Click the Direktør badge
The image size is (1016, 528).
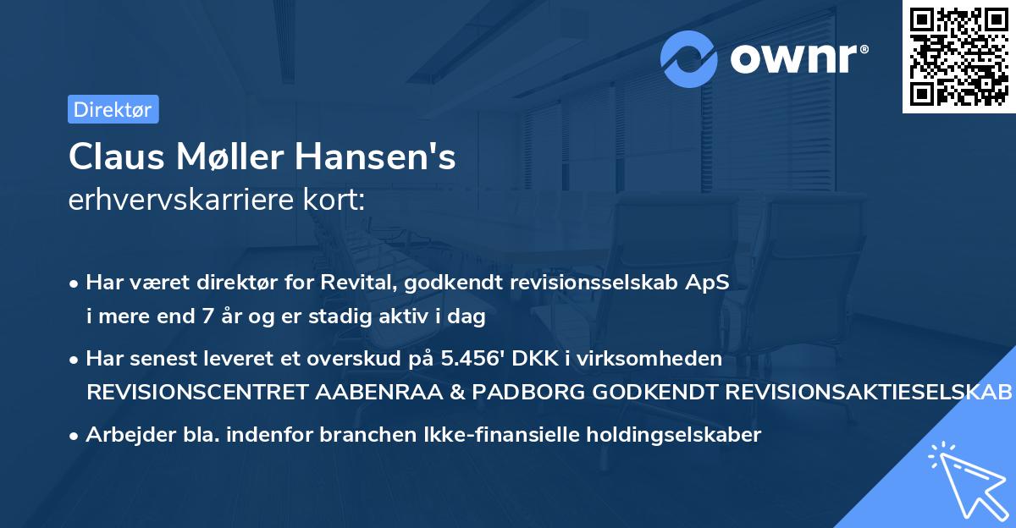pos(113,109)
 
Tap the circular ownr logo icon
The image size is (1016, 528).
pos(690,58)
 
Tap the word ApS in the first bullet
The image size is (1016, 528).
pos(711,283)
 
